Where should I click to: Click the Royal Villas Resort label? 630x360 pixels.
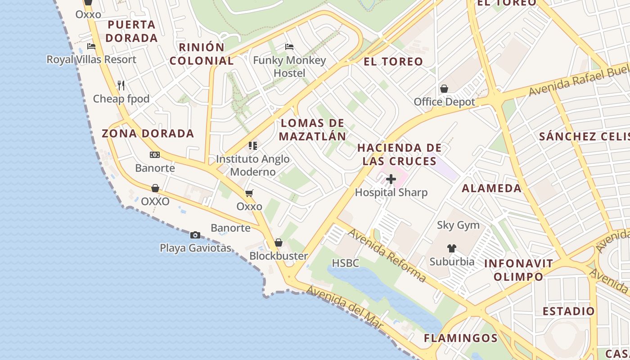tap(91, 59)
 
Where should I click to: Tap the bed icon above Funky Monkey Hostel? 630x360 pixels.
tap(289, 47)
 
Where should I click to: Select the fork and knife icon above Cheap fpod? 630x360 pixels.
tap(121, 85)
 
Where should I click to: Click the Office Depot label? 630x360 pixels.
tap(444, 102)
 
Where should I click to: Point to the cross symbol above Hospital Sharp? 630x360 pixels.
tap(391, 179)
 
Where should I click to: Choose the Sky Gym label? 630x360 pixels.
tap(458, 225)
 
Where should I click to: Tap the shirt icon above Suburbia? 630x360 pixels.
tap(452, 248)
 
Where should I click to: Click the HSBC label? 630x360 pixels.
tap(346, 263)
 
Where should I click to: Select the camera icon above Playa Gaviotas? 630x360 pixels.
tap(195, 235)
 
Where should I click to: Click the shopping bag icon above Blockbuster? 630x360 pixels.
tap(279, 243)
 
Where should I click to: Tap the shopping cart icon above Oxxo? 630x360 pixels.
tap(249, 193)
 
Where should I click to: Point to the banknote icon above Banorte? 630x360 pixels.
tap(155, 155)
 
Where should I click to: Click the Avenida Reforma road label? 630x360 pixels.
tap(387, 255)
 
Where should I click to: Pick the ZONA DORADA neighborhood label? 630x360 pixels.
tap(148, 134)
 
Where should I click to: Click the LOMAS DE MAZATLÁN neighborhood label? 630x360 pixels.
tap(313, 130)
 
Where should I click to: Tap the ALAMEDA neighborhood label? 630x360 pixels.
tap(491, 188)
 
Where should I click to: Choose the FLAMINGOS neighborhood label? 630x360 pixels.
tap(461, 338)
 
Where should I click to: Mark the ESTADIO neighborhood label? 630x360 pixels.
tap(568, 311)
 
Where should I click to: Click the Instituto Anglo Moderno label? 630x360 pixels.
tap(253, 165)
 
